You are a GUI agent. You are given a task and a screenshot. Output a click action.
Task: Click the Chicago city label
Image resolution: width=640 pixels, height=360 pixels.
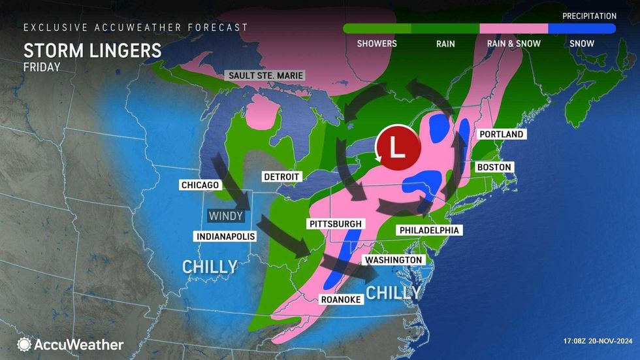click(200, 185)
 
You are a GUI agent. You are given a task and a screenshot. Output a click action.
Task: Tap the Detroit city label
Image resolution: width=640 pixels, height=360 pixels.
click(281, 176)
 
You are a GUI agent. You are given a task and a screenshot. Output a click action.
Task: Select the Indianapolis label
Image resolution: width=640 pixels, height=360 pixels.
click(224, 235)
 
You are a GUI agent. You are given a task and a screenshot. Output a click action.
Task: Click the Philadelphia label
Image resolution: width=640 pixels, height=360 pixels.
click(429, 230)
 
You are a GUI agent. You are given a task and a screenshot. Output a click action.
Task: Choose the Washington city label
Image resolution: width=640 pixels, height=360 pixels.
click(394, 260)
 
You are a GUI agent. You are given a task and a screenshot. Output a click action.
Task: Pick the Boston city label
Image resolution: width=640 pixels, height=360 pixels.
click(494, 167)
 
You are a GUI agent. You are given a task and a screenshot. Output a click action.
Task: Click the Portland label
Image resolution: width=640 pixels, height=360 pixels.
click(502, 134)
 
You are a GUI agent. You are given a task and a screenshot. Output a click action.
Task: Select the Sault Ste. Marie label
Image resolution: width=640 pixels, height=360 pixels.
click(266, 75)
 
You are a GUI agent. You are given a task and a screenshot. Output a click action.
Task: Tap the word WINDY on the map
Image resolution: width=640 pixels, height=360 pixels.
click(226, 215)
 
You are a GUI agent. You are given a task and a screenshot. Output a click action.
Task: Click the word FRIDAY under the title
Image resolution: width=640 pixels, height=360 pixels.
click(41, 67)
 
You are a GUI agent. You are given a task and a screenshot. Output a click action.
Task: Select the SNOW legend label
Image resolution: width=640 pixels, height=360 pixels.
click(581, 44)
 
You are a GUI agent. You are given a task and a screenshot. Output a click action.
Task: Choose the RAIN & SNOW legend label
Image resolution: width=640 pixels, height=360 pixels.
click(513, 44)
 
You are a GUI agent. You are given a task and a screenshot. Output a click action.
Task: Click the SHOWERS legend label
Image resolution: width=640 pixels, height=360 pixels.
click(377, 44)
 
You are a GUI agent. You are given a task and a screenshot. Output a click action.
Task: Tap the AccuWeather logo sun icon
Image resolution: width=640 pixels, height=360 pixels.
click(25, 344)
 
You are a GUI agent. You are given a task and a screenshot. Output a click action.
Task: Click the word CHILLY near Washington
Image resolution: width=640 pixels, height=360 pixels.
click(392, 292)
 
